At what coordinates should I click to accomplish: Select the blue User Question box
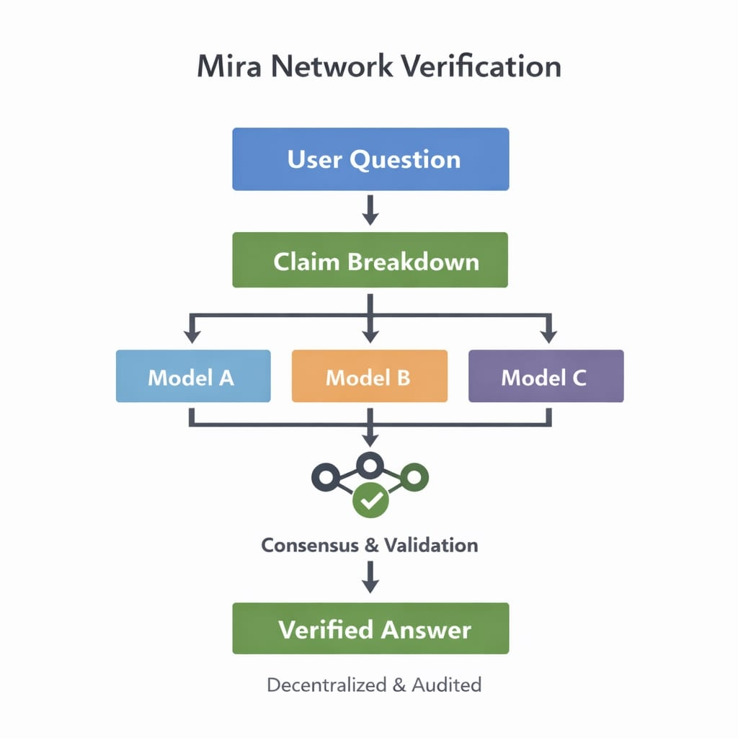[x=370, y=159]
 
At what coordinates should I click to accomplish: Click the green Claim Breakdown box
[x=370, y=260]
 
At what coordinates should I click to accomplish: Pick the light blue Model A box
[x=193, y=376]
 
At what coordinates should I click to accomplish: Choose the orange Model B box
[x=369, y=376]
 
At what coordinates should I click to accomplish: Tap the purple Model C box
[x=546, y=376]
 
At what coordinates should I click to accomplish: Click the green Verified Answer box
[x=370, y=628]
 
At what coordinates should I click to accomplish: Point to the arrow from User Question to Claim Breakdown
[x=370, y=210]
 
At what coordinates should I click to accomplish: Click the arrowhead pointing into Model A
[x=192, y=335]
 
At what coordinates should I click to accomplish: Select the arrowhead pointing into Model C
[x=548, y=335]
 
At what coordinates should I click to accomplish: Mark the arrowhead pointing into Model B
[x=370, y=335]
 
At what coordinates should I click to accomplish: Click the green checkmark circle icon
[x=370, y=500]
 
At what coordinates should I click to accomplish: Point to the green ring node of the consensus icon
[x=414, y=476]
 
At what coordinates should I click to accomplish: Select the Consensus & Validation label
[x=369, y=545]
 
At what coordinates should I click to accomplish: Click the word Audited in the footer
[x=446, y=685]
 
